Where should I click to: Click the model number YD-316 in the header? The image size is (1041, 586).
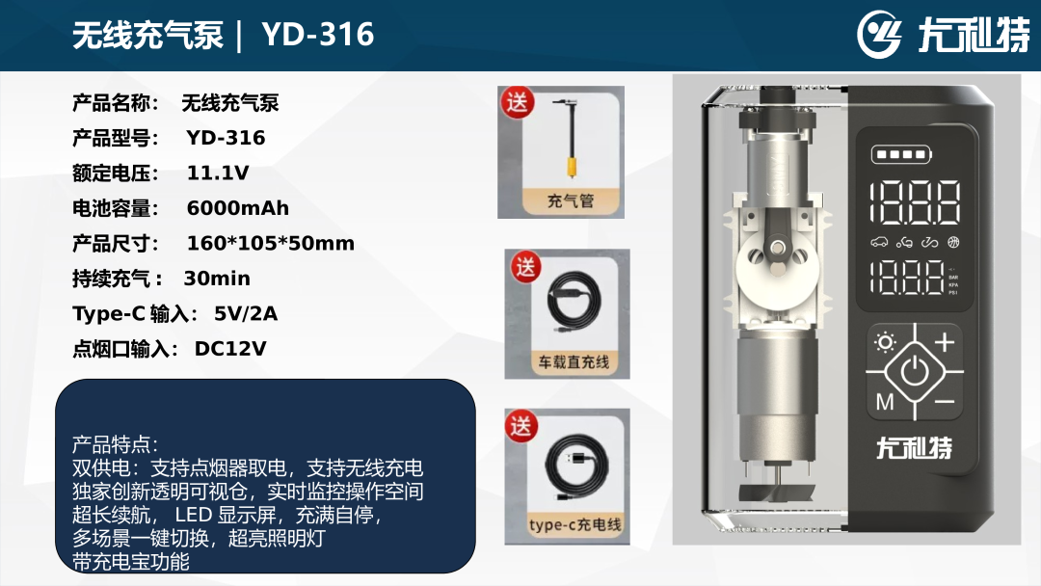[318, 35]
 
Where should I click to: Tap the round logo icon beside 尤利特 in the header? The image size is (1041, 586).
[879, 35]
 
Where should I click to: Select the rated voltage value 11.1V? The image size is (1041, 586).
[218, 173]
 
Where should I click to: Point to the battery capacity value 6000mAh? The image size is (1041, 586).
[238, 208]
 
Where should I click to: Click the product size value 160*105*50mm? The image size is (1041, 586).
[270, 244]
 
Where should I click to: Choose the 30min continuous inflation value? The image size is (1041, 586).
[217, 279]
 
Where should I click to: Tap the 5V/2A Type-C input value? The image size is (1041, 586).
[246, 313]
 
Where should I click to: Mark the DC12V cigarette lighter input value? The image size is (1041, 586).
[230, 348]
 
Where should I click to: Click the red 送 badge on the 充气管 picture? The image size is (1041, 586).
[518, 102]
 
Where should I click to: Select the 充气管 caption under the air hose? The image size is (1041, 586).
[571, 200]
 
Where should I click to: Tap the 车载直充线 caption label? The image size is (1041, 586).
[574, 362]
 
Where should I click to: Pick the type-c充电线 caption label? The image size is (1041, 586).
[574, 524]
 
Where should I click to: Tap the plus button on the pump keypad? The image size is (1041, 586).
[944, 342]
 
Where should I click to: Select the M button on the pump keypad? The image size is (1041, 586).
[885, 402]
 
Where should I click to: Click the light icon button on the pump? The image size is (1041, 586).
[885, 342]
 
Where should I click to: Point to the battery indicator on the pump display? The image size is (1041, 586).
[901, 154]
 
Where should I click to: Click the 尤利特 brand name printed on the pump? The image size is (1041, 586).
[914, 447]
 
